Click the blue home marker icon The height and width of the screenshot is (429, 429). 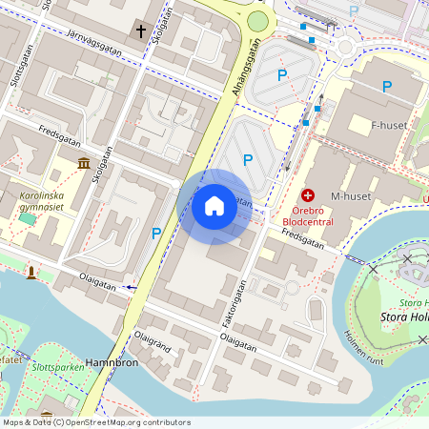[214, 206]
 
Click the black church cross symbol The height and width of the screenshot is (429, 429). [141, 31]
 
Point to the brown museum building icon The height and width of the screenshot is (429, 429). [85, 163]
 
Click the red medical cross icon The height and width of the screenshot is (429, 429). [308, 193]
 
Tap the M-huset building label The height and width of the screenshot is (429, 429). [349, 196]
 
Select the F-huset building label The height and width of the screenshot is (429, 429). [389, 125]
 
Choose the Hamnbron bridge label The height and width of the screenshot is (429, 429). [112, 363]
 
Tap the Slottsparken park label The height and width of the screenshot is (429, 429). [56, 366]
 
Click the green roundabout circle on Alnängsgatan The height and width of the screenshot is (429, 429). [257, 21]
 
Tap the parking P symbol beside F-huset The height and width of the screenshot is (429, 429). [387, 87]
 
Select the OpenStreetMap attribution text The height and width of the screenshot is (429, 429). [95, 422]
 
